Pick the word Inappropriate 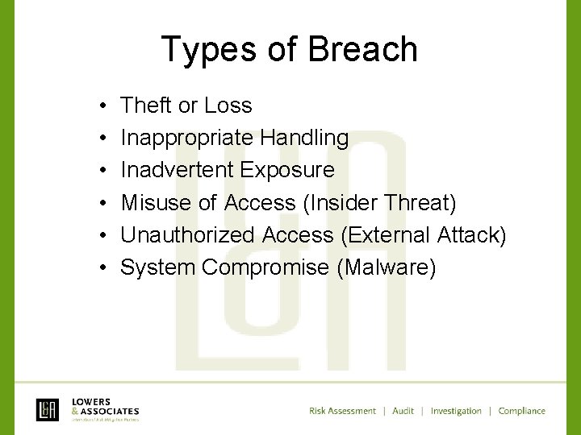[187, 138]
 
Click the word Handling [304, 138]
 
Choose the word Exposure [287, 170]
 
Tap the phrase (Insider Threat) [379, 202]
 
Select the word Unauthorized [189, 234]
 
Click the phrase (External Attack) [424, 234]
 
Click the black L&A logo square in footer [48, 410]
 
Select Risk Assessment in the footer [342, 411]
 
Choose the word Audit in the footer [403, 411]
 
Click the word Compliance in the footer [521, 411]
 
